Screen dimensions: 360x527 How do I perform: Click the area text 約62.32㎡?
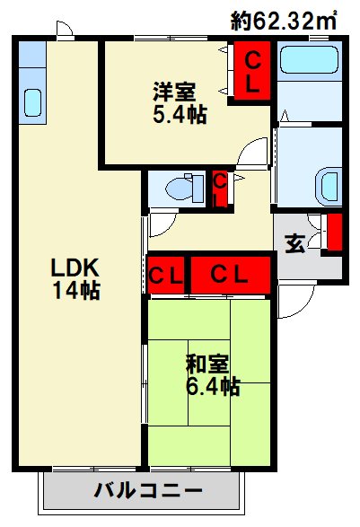coord(284,21)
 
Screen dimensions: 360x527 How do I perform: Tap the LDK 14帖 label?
coord(75,278)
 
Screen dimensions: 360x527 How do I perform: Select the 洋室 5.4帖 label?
coord(180,102)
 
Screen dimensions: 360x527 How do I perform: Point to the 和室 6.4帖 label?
coord(213,374)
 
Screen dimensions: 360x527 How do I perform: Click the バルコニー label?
coord(148,491)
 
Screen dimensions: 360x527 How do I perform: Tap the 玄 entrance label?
coord(295,243)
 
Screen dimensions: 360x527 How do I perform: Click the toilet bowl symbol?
coord(184,189)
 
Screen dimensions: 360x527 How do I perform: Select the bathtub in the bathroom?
coord(309,59)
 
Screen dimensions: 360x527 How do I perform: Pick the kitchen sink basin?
coord(32,102)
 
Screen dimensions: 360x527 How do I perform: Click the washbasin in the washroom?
coord(329,187)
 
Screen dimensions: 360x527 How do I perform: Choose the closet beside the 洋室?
coord(252,71)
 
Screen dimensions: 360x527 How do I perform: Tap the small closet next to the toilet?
coord(220,189)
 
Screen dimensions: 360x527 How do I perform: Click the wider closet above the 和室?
coord(231,275)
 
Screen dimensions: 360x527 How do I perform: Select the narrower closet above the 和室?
coord(166,276)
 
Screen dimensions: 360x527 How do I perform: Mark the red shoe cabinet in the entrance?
coord(335,232)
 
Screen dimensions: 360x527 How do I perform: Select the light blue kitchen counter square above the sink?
coord(32,55)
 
